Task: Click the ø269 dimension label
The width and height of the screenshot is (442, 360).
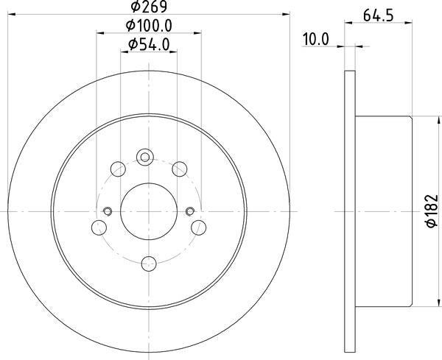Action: pos(149,6)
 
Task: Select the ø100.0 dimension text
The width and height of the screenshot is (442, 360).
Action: pos(149,26)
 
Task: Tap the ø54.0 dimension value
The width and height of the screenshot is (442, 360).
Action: pos(149,44)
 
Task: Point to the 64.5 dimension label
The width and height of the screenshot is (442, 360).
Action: pos(379,15)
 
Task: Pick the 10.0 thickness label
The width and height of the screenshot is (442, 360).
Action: pos(316,39)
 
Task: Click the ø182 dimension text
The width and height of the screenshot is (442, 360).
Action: pos(432,211)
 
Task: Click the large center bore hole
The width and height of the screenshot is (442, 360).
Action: pos(149,211)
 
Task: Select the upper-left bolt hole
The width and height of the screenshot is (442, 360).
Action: pos(118,169)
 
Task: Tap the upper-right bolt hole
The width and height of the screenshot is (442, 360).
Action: pos(180,169)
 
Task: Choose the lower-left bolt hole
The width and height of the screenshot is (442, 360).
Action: pos(99,227)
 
